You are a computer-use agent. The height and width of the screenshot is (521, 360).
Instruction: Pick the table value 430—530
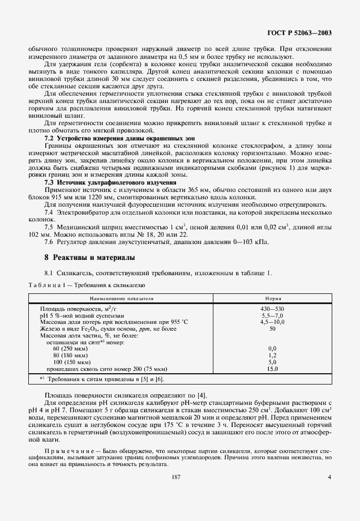click(272, 309)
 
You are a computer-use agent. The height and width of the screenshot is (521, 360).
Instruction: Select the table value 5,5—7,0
click(272, 315)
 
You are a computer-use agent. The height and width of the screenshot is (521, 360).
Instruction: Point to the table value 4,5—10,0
click(272, 322)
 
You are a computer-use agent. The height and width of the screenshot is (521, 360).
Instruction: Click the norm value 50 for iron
click(272, 328)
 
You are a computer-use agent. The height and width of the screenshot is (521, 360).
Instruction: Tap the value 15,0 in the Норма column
click(272, 369)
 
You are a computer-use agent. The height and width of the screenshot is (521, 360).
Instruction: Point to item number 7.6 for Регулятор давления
click(50, 242)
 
